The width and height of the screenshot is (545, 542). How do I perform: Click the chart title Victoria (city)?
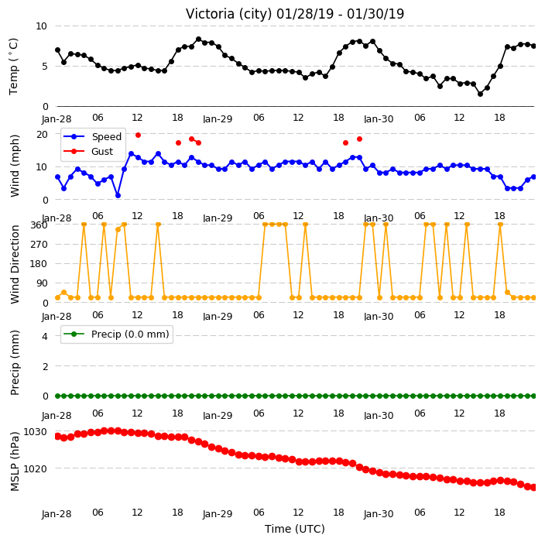[x=229, y=14]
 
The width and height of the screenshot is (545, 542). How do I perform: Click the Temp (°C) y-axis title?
[x=14, y=67]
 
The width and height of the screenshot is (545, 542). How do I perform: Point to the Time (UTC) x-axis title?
[x=295, y=529]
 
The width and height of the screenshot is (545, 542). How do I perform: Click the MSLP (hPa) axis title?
[x=14, y=461]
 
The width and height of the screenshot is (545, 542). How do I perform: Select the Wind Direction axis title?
[x=14, y=264]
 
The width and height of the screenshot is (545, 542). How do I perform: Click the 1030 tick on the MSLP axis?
[x=35, y=432]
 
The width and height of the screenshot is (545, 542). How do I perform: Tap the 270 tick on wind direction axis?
[x=39, y=245]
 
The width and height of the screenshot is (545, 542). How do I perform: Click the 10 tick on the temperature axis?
[x=41, y=26]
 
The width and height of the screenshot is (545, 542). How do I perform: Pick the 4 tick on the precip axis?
[x=45, y=336]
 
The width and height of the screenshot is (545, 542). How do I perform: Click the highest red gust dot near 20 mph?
[x=138, y=135]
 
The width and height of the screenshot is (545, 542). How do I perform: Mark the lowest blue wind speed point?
[x=118, y=195]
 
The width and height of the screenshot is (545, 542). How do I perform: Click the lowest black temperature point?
[x=480, y=94]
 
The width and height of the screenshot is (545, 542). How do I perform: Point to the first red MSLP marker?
[x=58, y=437]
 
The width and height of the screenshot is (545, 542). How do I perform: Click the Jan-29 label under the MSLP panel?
[x=218, y=513]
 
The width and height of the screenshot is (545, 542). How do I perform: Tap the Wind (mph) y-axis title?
[x=14, y=166]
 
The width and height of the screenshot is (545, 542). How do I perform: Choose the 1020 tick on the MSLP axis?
[x=35, y=468]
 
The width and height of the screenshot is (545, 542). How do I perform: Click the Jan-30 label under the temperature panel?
[x=379, y=119]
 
